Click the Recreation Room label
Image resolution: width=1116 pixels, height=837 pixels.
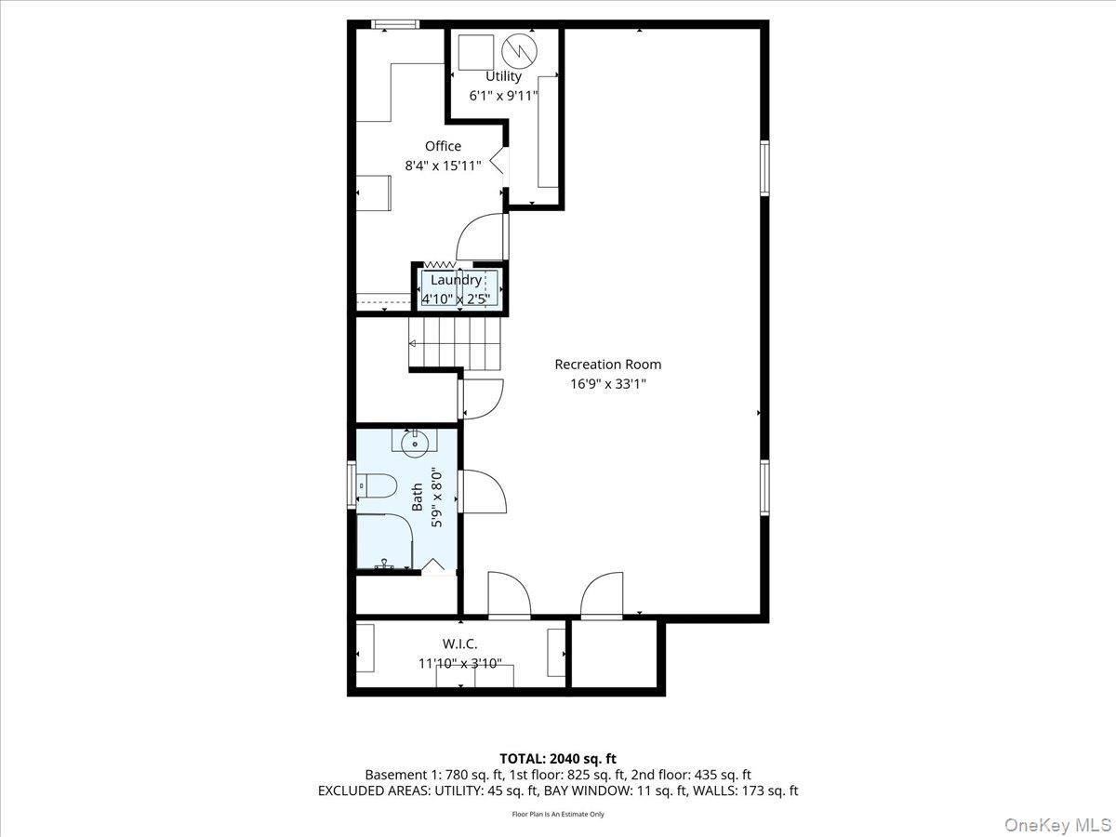(x=607, y=365)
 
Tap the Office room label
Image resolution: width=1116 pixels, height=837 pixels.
(x=443, y=146)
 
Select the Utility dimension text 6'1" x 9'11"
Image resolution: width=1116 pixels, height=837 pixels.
(x=503, y=95)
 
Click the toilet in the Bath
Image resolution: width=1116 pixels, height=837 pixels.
(x=379, y=486)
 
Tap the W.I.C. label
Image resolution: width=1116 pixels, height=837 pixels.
(x=459, y=644)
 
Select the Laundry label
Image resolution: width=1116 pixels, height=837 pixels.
(x=456, y=280)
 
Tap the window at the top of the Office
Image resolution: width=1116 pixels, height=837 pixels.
(x=394, y=25)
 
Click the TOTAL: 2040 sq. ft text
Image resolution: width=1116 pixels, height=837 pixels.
(x=557, y=759)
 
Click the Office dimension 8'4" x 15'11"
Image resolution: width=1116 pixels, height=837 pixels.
(x=443, y=166)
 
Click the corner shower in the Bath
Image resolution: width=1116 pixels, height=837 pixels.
(x=383, y=543)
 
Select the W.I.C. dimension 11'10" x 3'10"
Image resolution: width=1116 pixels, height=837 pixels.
(x=459, y=663)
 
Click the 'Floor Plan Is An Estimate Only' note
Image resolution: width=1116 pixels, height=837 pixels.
(x=557, y=814)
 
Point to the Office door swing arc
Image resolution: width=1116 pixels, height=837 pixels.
(x=481, y=234)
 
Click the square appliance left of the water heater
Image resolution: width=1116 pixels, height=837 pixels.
(x=476, y=50)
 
